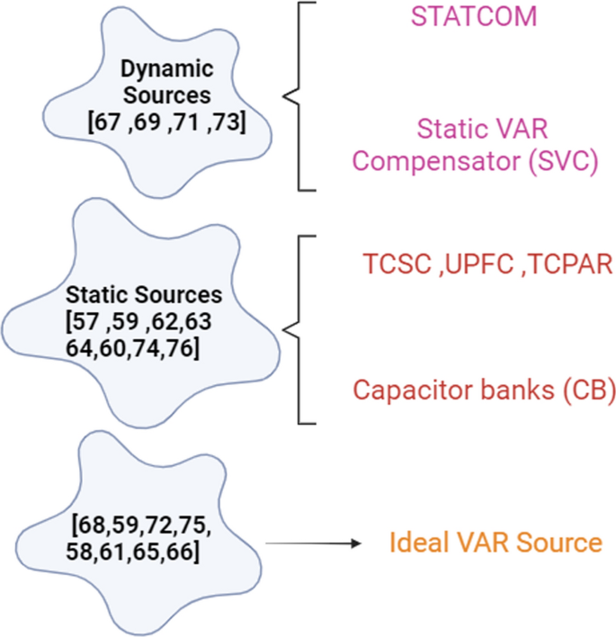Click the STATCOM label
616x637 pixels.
474,16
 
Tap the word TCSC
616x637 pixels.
391,263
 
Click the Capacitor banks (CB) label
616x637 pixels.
483,390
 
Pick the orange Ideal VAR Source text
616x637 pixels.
495,543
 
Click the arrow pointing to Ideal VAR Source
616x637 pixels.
314,543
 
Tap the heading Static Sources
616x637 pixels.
144,294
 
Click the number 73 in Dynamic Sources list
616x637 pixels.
224,121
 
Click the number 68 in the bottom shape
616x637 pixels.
87,524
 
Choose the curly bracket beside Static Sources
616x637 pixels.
293,329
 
